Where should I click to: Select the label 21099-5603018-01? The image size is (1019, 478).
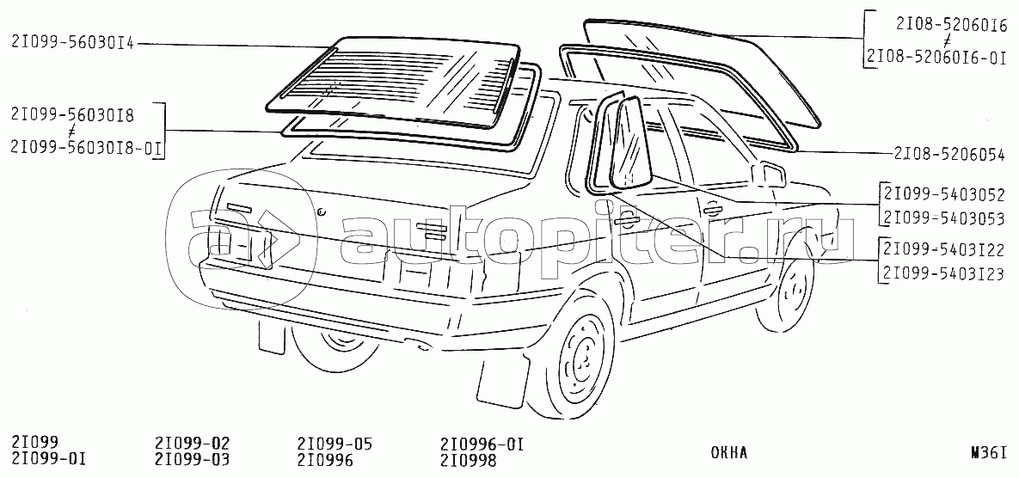pyautogui.click(x=87, y=148)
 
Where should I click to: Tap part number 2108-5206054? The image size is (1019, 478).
pyautogui.click(x=949, y=155)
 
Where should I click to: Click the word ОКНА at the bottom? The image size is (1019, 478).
pyautogui.click(x=729, y=454)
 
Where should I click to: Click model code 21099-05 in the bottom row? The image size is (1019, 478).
pyautogui.click(x=335, y=444)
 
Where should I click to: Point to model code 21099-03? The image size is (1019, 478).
pyautogui.click(x=193, y=460)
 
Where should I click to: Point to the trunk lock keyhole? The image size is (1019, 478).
pyautogui.click(x=320, y=211)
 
